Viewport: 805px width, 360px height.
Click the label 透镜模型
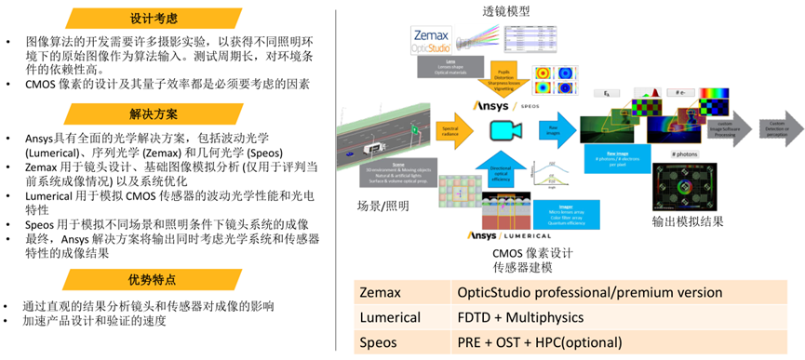coord(506,11)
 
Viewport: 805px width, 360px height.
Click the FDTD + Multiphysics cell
coord(527,317)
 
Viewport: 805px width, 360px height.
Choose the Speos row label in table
coord(381,342)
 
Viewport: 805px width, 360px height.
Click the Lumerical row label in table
coord(392,317)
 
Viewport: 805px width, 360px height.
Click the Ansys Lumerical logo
coord(510,235)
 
